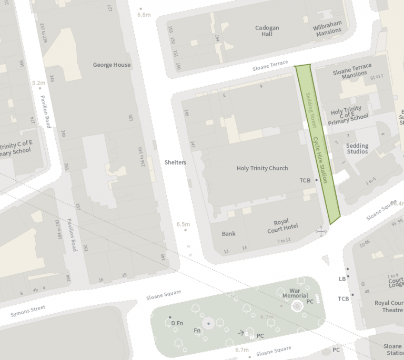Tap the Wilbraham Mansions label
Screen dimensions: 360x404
pyautogui.click(x=327, y=28)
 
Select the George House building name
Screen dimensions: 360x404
pyautogui.click(x=112, y=65)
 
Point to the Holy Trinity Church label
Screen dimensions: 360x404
pyautogui.click(x=262, y=168)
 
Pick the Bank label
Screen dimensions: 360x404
pyautogui.click(x=228, y=234)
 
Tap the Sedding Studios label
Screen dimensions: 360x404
pyautogui.click(x=357, y=149)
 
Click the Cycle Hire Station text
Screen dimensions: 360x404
pyautogui.click(x=320, y=160)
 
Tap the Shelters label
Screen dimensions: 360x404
pyautogui.click(x=175, y=162)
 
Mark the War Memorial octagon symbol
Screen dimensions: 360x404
pyautogui.click(x=298, y=306)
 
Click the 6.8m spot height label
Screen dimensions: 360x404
pyautogui.click(x=144, y=15)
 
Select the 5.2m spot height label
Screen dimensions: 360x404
pyautogui.click(x=39, y=83)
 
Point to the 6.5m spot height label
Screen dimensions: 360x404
pyautogui.click(x=183, y=224)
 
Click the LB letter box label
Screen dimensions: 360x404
pyautogui.click(x=342, y=279)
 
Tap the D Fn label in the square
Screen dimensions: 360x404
pyautogui.click(x=177, y=323)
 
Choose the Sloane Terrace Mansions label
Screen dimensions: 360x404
pyautogui.click(x=352, y=70)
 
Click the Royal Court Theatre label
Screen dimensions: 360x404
pyautogui.click(x=389, y=306)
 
